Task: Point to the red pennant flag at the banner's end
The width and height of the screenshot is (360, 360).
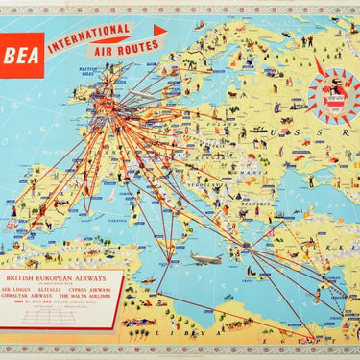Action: click(x=159, y=30)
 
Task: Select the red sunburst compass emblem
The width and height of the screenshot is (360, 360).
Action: click(x=333, y=93)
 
